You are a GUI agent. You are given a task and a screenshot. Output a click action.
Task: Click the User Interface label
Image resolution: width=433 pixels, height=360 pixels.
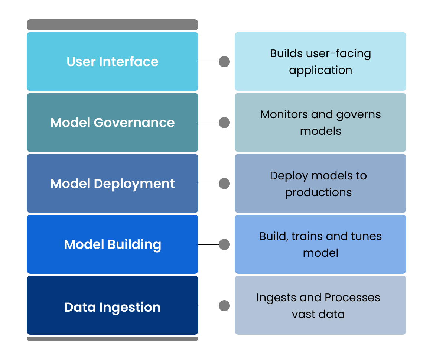[113, 61]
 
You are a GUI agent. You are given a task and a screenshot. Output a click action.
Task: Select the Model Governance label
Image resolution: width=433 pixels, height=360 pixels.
[113, 122]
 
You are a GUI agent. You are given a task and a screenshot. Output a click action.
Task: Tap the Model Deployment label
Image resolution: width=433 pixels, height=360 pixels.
[113, 183]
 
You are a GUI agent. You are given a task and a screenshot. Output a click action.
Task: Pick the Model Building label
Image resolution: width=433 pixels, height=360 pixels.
[113, 244]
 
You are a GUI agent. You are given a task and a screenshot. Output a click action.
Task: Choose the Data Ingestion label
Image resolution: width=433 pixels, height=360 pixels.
[113, 307]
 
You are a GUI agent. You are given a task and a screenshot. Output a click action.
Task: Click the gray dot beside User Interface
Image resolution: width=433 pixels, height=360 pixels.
[224, 61]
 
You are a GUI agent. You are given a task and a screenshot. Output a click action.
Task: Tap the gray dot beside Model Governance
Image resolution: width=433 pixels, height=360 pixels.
[224, 122]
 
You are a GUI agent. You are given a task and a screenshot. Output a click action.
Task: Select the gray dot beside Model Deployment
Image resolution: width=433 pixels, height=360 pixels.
[224, 183]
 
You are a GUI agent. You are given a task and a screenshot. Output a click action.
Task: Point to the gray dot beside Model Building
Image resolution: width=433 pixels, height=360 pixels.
[224, 244]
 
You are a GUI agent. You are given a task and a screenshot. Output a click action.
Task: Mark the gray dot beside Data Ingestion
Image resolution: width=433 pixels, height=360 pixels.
[224, 305]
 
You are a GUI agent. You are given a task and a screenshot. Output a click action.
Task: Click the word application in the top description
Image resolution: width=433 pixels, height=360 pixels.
[320, 70]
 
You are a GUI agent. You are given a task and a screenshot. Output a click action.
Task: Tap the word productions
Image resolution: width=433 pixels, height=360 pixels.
[318, 192]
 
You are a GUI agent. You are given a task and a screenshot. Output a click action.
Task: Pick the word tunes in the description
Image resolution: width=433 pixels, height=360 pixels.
[366, 236]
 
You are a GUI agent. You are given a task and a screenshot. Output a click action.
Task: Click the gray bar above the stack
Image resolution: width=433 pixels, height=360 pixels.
[113, 25]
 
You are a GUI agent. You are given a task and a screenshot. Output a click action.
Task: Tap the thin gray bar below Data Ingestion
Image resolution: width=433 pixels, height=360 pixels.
[113, 338]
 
